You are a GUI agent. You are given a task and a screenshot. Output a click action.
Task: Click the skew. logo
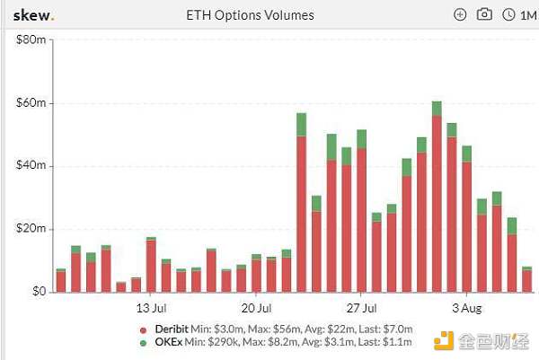[31, 14]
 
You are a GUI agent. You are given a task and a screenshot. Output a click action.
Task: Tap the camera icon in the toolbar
[484, 14]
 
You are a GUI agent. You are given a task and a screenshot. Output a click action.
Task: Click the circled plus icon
[461, 14]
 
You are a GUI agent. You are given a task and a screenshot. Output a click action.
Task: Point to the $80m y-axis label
[31, 40]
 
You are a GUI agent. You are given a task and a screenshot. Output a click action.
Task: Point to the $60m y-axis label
[31, 103]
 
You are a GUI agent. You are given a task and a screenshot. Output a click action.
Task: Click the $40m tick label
[31, 166]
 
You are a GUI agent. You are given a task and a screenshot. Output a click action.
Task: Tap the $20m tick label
[31, 229]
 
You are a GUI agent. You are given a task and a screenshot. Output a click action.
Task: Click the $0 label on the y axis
[37, 292]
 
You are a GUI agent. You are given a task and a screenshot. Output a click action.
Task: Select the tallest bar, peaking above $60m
[437, 198]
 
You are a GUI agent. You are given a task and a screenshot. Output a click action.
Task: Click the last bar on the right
[527, 280]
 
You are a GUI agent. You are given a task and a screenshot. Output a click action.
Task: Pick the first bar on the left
[61, 280]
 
